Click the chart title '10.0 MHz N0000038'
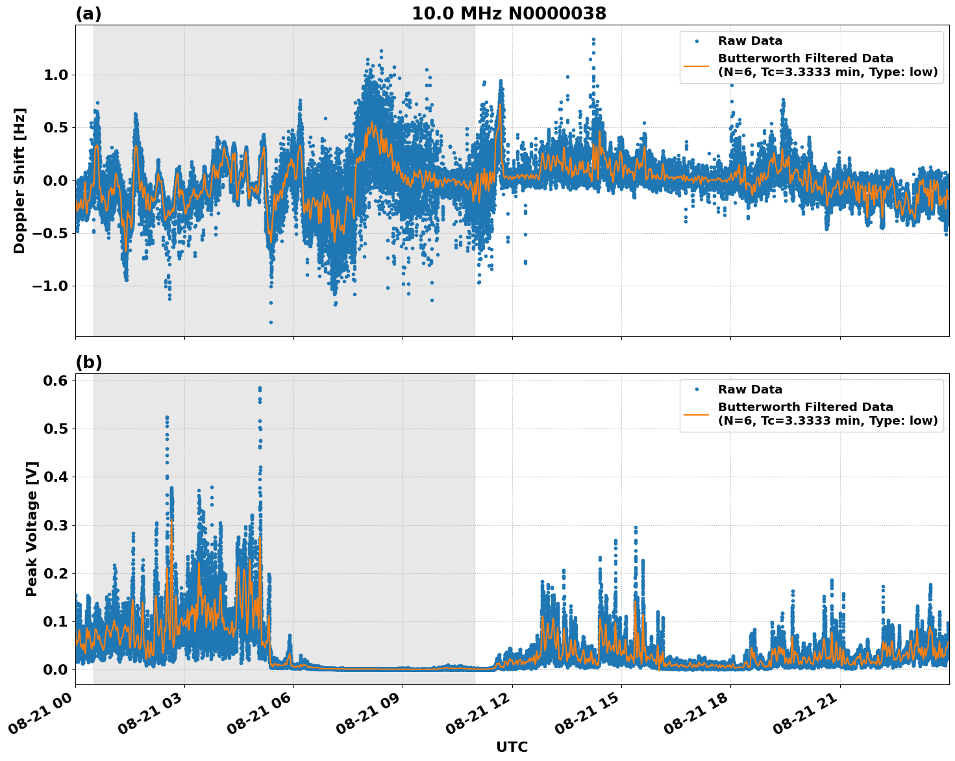pos(509,14)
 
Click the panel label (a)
pos(88,14)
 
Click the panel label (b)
pos(88,362)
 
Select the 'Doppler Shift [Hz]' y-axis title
pos(19,181)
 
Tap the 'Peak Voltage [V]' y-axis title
pos(32,529)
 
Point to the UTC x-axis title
pos(512,747)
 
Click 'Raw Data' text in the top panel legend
pos(750,41)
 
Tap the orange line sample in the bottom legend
pos(696,414)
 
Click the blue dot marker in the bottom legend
pos(696,390)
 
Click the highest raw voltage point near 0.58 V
pos(260,388)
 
